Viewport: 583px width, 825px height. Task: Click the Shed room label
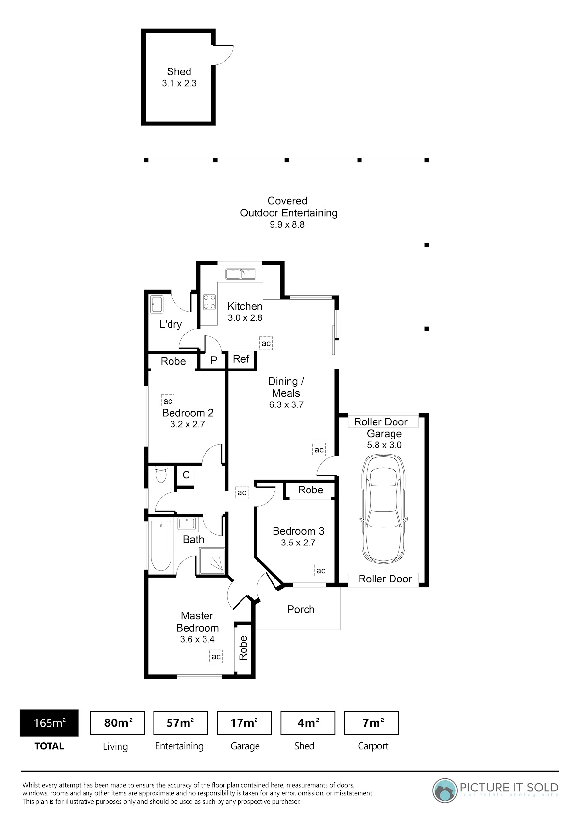coord(179,71)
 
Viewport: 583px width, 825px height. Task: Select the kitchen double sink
coord(240,274)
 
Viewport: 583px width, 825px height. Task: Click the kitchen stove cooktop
coord(209,301)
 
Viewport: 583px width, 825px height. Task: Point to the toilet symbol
coord(161,474)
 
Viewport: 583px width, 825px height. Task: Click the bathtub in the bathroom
coord(161,545)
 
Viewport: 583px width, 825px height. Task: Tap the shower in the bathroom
coord(212,561)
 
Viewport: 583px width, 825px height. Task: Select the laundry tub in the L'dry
coord(157,305)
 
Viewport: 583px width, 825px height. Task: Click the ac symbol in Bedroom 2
coord(168,401)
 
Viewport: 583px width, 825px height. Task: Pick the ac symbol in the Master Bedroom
coord(216,656)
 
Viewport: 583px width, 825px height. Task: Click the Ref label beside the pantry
coord(241,359)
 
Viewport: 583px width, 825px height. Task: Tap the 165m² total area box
coord(49,722)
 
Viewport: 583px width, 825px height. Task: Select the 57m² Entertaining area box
coord(180,722)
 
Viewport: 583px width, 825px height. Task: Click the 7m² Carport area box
coord(371,722)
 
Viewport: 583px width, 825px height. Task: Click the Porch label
coord(301,609)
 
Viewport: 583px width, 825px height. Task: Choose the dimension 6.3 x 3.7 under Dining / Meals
coord(286,405)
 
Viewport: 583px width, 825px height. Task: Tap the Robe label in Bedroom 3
coord(310,490)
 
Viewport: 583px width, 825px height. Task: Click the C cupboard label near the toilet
coord(186,475)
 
